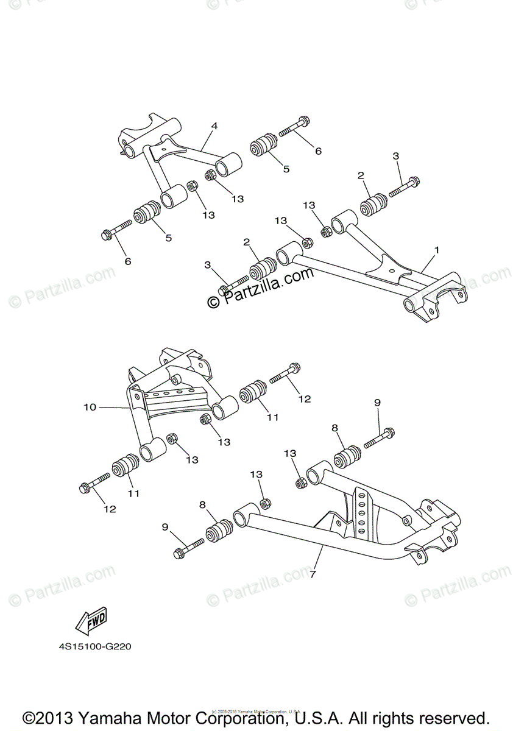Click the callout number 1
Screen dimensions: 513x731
pos(436,250)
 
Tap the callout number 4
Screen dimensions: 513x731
pos(214,126)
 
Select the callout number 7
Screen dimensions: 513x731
pos(313,574)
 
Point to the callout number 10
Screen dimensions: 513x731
pos(90,407)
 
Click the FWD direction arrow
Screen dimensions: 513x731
pos(91,620)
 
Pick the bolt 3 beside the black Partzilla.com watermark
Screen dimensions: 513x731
pos(235,283)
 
